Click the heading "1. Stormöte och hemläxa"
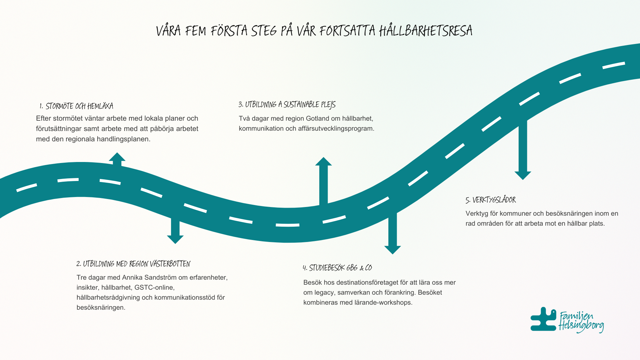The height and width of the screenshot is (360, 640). (x=76, y=106)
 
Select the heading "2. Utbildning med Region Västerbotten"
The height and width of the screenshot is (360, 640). (x=133, y=264)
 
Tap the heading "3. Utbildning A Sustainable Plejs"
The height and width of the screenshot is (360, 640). (x=287, y=105)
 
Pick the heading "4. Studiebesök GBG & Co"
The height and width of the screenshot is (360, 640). (x=337, y=268)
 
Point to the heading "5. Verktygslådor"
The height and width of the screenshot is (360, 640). (x=491, y=200)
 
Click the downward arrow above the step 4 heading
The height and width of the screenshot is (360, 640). (x=393, y=233)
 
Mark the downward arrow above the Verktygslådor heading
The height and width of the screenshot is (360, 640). (x=523, y=150)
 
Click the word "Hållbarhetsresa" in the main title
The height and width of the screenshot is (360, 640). (x=426, y=31)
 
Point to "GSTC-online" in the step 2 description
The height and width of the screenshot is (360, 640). (x=154, y=288)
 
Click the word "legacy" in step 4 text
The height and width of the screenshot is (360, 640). (x=323, y=293)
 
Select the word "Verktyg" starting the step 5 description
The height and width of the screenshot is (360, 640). (x=477, y=214)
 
